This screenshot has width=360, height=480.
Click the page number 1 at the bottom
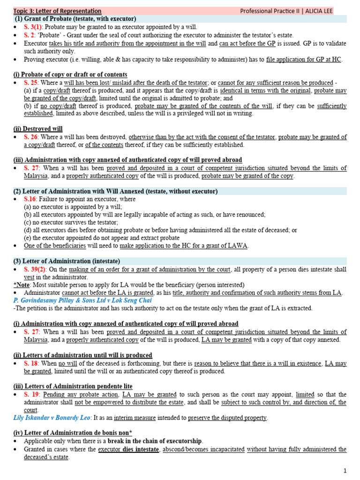[x=345, y=471]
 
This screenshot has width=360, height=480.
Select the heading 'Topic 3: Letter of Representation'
[x=57, y=11]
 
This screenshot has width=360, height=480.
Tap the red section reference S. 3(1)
[x=33, y=27]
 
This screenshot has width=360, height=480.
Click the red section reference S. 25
[x=31, y=82]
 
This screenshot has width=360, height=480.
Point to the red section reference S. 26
[x=31, y=137]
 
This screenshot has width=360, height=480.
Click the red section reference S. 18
[x=31, y=363]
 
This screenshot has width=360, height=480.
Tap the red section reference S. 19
[x=31, y=395]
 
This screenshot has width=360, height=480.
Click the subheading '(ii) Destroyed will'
[x=38, y=129]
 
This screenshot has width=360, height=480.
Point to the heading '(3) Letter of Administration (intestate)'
[x=67, y=261]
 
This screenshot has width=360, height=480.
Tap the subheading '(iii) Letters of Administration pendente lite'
[x=73, y=386]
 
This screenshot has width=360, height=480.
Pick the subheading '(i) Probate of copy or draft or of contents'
[x=70, y=75]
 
